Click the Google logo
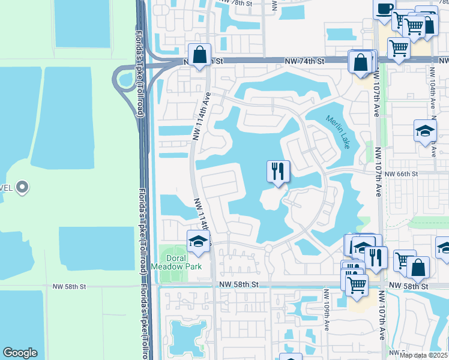coord(20,353)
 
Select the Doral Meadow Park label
coord(184,262)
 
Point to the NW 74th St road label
coord(304,61)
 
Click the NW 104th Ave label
coord(432,87)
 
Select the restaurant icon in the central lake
coord(278,172)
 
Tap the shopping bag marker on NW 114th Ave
coord(200,55)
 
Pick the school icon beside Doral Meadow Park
coord(198,242)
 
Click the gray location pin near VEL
coord(22,187)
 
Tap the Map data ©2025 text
coord(423,355)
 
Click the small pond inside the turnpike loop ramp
coord(125,79)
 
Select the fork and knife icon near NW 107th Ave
coord(376,257)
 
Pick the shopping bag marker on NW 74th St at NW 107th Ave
coord(361,62)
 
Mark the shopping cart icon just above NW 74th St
coord(398,49)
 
